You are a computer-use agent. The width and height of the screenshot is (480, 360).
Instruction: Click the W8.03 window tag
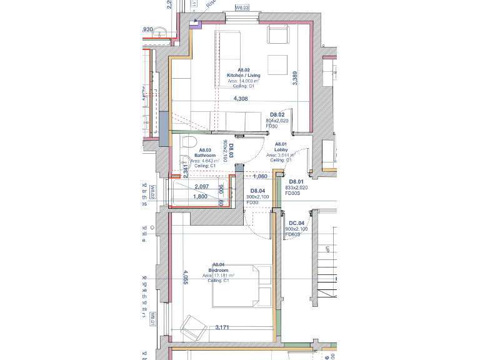(x=242, y=8)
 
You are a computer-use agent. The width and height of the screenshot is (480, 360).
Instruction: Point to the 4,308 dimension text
(x=241, y=99)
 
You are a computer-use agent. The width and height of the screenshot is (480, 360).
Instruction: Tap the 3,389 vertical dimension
(x=295, y=78)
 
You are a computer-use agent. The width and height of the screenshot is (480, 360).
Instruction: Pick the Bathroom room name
(x=204, y=156)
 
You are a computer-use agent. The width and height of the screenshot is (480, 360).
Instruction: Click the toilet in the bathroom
(x=184, y=144)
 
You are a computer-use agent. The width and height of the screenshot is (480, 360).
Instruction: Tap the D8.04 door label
(x=257, y=191)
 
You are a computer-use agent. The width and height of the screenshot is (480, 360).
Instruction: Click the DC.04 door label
(x=296, y=224)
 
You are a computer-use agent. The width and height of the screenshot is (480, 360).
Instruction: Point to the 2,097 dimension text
(x=201, y=187)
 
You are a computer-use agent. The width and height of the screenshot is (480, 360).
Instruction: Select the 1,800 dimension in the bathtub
(x=200, y=196)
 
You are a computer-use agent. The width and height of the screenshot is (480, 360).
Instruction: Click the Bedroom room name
(x=219, y=270)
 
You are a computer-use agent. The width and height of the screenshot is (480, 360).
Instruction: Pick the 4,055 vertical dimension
(x=185, y=277)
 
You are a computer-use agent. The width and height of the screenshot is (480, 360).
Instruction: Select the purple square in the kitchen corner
(x=196, y=24)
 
